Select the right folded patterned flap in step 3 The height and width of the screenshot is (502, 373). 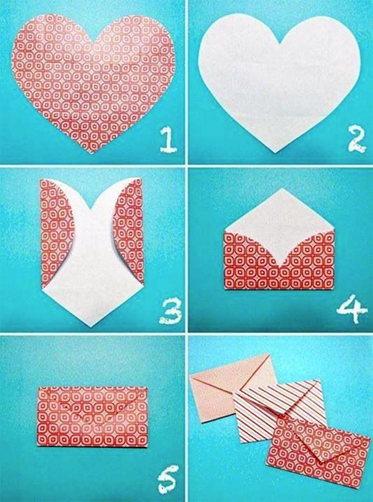[x=133, y=231]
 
